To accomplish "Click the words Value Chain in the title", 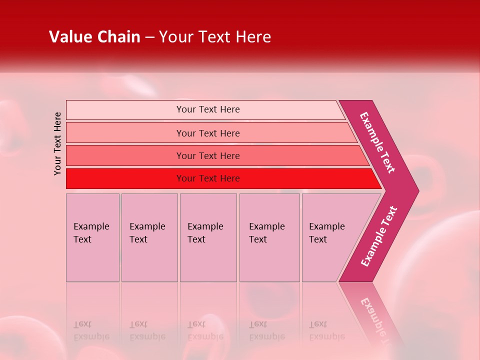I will (x=94, y=37).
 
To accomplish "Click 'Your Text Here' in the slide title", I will (x=215, y=37).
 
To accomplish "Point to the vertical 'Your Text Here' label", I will (x=58, y=143).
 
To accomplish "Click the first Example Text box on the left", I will (x=92, y=237).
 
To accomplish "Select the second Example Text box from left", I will (x=149, y=237).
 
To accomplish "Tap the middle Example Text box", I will (x=208, y=237).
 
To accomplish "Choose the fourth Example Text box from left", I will (x=269, y=237).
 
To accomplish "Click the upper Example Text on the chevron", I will (x=377, y=142).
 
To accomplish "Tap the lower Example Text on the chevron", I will (x=379, y=236).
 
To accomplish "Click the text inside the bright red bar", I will (x=208, y=178).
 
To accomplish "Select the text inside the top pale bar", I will (x=208, y=109).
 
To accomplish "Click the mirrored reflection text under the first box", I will (x=91, y=330).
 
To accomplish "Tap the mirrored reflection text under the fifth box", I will (x=326, y=330).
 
